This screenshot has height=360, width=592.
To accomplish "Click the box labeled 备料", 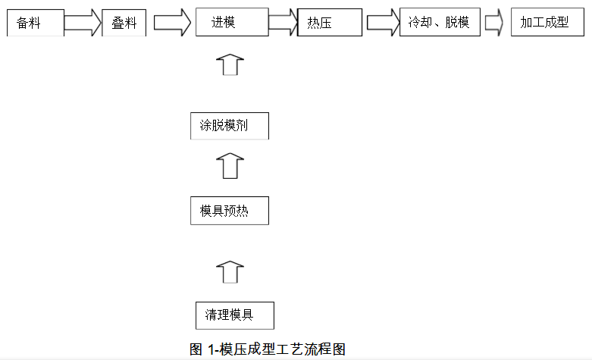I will coord(35,23).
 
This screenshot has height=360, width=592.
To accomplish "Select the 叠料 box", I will coord(124,23).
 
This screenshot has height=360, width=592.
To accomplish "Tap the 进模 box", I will coord(231,23).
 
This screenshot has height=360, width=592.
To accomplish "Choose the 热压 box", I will coord(330,23).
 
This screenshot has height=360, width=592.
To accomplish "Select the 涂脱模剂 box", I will coord(229,126).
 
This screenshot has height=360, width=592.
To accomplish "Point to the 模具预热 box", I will coord(229,211).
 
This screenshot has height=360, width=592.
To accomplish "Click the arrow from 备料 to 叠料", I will coord(83,23).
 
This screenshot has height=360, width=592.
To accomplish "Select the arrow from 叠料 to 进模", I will coord(173,23).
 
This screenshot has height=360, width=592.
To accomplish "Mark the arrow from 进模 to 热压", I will coord(283,23).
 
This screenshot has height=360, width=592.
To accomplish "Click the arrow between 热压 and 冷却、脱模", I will coord(383,23).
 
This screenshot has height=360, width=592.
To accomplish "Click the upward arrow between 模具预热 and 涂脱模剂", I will coord(230,164).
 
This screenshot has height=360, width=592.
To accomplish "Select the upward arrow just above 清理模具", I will coord(230,272).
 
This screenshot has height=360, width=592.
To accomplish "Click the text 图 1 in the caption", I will coord(202,349).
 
